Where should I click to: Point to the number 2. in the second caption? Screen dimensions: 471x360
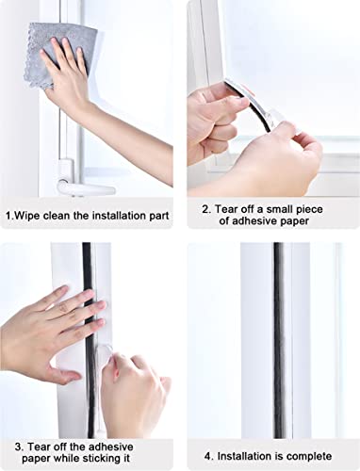[x=207, y=209]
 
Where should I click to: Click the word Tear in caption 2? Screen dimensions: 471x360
[x=231, y=209]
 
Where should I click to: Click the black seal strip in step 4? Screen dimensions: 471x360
[x=278, y=339]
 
